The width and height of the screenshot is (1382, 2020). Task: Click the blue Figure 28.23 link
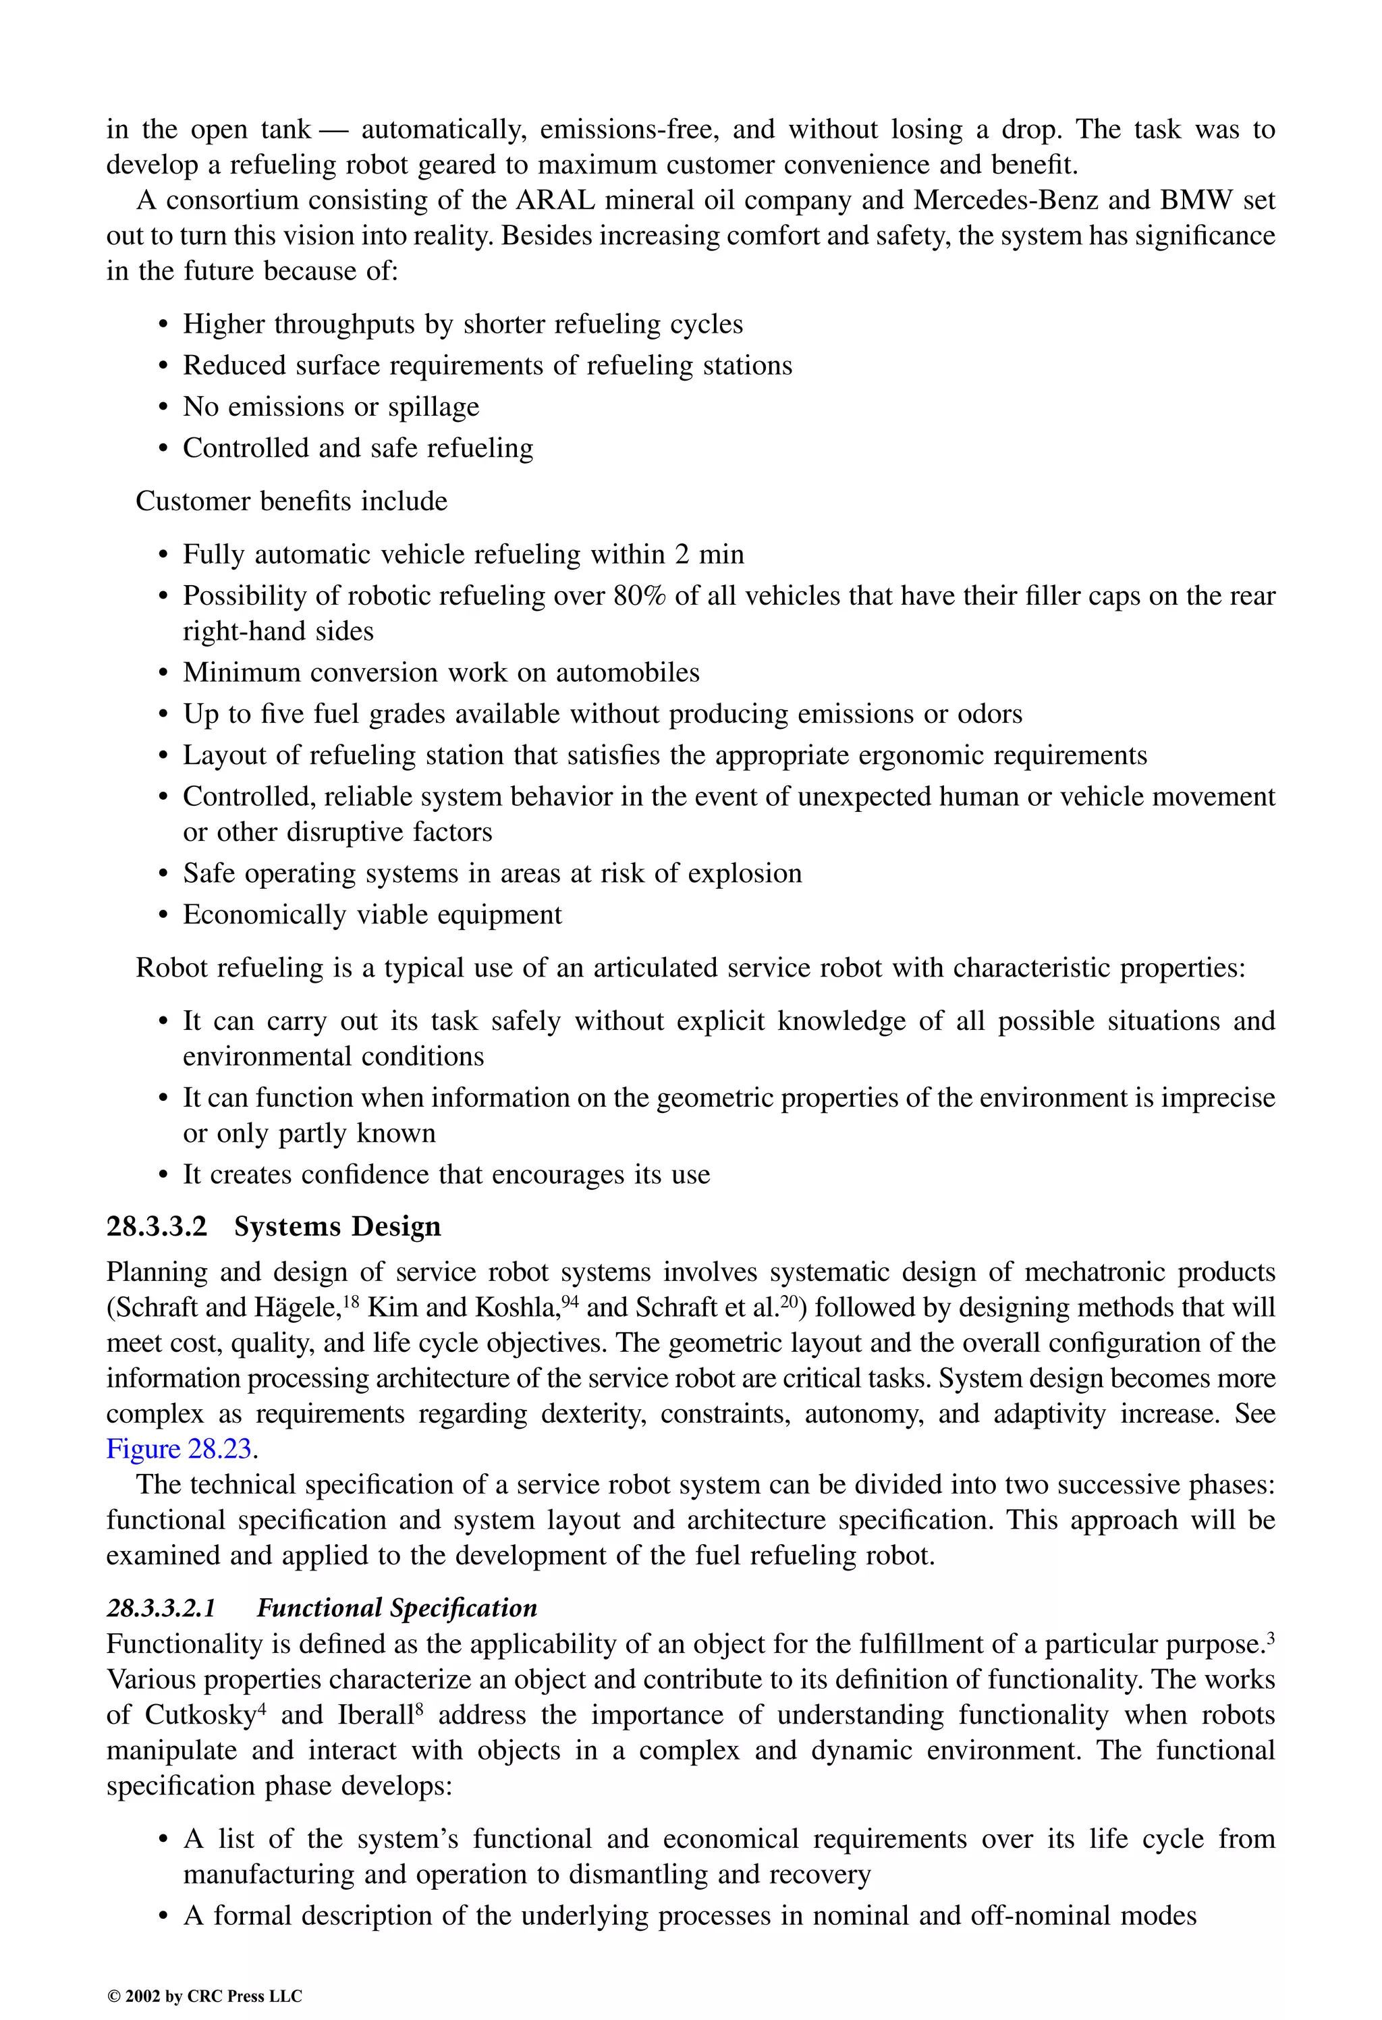(x=179, y=1449)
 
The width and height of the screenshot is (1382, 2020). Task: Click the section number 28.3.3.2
(x=157, y=1226)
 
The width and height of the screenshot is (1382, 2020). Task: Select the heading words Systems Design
(x=337, y=1226)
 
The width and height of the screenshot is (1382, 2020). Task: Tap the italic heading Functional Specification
(x=396, y=1608)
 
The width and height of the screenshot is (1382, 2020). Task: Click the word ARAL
(x=555, y=200)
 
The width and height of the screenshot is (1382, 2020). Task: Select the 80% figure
(x=639, y=596)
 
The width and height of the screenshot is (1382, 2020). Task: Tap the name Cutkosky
(x=200, y=1716)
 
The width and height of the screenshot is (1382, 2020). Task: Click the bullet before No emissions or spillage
(x=163, y=408)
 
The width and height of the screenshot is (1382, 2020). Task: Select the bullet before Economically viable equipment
(x=163, y=915)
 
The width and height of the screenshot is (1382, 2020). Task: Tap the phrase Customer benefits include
(x=291, y=501)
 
